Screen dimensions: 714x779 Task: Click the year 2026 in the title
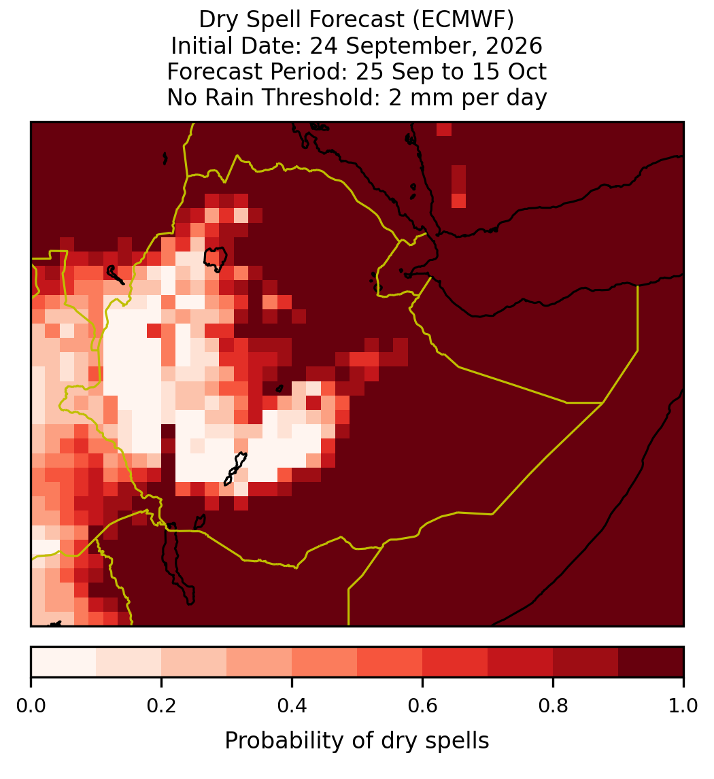tap(514, 46)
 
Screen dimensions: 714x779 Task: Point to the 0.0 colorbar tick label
tap(31, 706)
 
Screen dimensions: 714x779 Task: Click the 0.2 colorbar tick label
tap(161, 706)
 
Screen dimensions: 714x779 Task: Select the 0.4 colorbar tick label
tap(292, 706)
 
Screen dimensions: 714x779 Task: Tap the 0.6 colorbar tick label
tap(423, 706)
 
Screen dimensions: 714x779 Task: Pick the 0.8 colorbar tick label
tap(553, 706)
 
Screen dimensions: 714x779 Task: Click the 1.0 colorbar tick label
tap(683, 706)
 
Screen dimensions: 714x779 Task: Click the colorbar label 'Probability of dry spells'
tap(357, 741)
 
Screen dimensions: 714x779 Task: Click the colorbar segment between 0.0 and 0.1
tap(64, 662)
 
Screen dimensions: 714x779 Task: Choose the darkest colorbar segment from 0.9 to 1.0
tap(651, 662)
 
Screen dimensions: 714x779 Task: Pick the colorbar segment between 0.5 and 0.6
tap(390, 662)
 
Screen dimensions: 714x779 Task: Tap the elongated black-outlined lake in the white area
tap(235, 468)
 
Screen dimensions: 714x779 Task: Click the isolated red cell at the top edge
tap(444, 129)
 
